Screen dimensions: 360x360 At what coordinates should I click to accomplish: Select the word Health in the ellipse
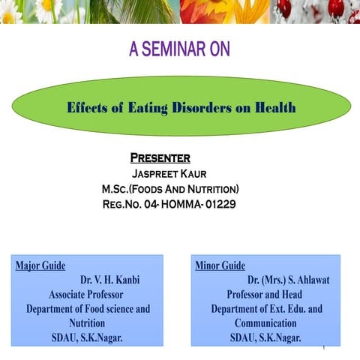pos(275,108)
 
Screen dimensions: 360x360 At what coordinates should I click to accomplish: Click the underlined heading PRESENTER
pos(160,158)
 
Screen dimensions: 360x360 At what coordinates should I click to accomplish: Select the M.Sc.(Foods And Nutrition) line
pos(170,188)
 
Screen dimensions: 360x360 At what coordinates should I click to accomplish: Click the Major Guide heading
pos(40,265)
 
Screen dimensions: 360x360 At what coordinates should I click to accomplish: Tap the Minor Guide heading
pos(220,265)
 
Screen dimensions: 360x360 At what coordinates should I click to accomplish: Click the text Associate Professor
pos(85,294)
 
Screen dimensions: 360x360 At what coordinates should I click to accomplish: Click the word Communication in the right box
pos(265,323)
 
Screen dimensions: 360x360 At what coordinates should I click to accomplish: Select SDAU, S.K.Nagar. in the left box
pos(87,337)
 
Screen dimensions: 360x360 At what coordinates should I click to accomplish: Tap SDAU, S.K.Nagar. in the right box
pos(265,337)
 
